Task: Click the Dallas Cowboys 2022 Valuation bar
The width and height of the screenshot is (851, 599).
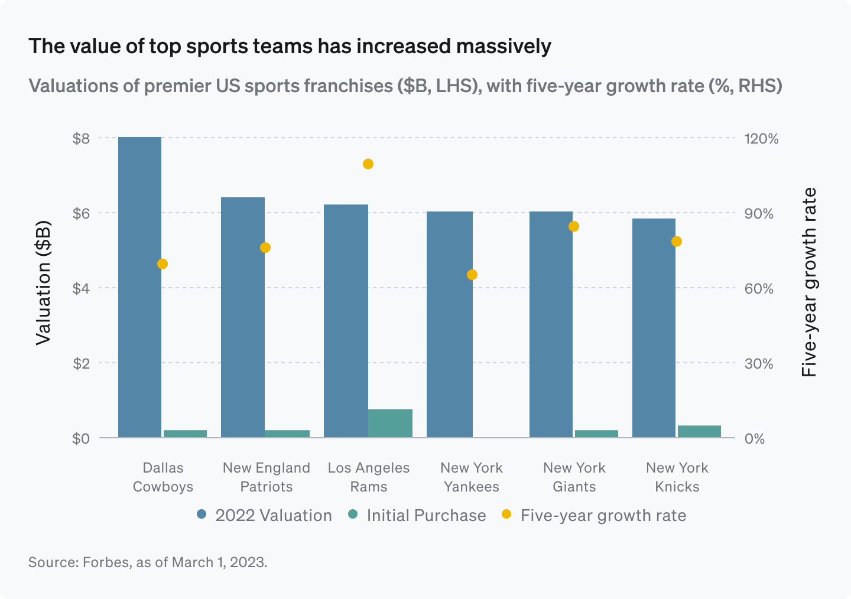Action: click(x=140, y=287)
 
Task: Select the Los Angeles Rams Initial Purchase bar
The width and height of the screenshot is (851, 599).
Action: click(x=390, y=423)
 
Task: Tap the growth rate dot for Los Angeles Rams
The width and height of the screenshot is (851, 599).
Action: click(x=368, y=164)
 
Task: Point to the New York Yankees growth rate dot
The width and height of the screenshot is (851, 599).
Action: click(x=472, y=274)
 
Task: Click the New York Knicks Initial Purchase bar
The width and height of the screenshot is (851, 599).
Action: click(x=699, y=431)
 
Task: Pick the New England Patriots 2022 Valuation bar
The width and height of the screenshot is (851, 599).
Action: click(x=243, y=317)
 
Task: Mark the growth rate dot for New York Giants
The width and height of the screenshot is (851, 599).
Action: click(x=573, y=226)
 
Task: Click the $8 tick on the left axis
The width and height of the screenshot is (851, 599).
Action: click(x=81, y=139)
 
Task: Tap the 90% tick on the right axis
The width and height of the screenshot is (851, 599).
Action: click(x=759, y=214)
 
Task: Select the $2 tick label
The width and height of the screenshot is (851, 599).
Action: click(x=81, y=363)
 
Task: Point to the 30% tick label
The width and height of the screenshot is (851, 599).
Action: click(x=759, y=364)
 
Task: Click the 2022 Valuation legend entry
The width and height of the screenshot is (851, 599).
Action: click(x=264, y=515)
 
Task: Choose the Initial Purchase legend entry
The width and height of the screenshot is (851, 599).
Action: click(x=417, y=515)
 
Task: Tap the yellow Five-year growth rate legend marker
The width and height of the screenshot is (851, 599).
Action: click(x=506, y=514)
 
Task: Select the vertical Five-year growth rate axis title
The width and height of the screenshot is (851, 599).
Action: click(x=808, y=282)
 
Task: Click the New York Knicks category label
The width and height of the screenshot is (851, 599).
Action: click(x=677, y=477)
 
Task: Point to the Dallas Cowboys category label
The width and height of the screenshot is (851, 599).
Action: click(x=163, y=477)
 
